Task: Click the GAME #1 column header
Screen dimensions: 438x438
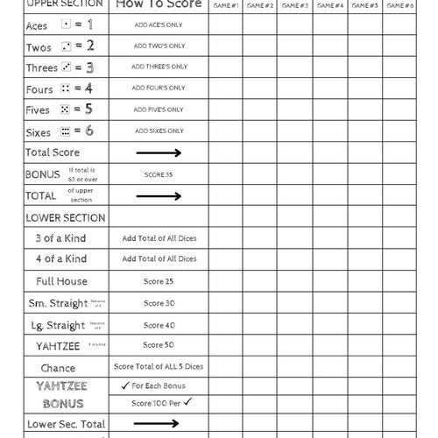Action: (225, 5)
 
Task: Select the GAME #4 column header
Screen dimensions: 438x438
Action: (329, 5)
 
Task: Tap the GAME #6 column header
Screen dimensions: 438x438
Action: (399, 5)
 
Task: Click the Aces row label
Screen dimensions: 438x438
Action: (37, 25)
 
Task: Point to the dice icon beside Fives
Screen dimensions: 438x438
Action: (65, 109)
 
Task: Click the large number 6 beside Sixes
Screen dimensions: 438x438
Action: (88, 131)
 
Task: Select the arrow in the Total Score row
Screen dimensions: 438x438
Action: (159, 152)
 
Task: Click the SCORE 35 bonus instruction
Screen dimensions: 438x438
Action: (159, 173)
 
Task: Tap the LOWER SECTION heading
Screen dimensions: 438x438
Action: (65, 217)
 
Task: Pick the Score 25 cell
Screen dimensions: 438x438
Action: (159, 281)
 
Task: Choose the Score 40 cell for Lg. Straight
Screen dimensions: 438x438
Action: (159, 325)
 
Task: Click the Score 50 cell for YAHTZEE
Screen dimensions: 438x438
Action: (159, 345)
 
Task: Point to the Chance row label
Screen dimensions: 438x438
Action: (58, 368)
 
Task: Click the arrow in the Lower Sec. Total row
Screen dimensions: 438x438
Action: (159, 424)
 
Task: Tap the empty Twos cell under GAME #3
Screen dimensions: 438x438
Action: (295, 46)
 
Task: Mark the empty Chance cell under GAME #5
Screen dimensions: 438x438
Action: (364, 367)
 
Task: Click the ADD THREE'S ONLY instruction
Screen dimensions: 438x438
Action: (159, 67)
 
